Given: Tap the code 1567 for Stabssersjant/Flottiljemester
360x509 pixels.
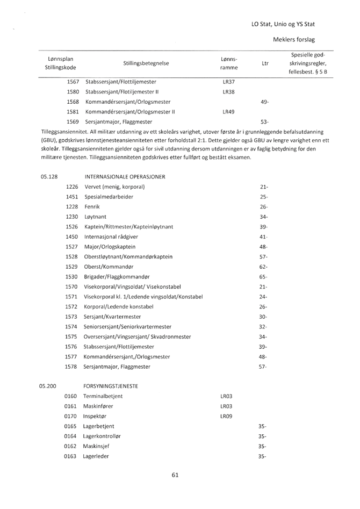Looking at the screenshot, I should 73,81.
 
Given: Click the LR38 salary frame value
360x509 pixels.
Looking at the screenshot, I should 225,91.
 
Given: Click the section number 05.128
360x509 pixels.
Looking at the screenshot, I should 49,176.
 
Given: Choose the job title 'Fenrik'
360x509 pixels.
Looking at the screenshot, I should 93,206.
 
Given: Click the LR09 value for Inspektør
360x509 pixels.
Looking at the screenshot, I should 226,416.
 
